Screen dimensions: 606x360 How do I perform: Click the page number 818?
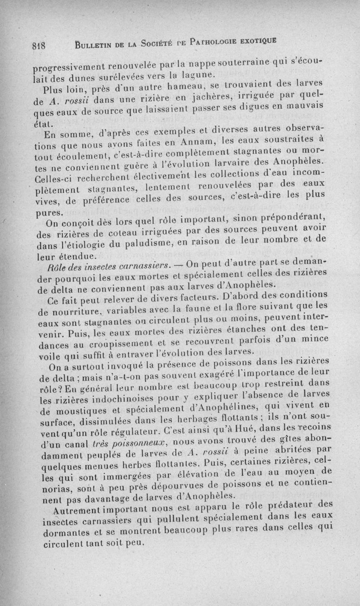coord(40,45)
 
